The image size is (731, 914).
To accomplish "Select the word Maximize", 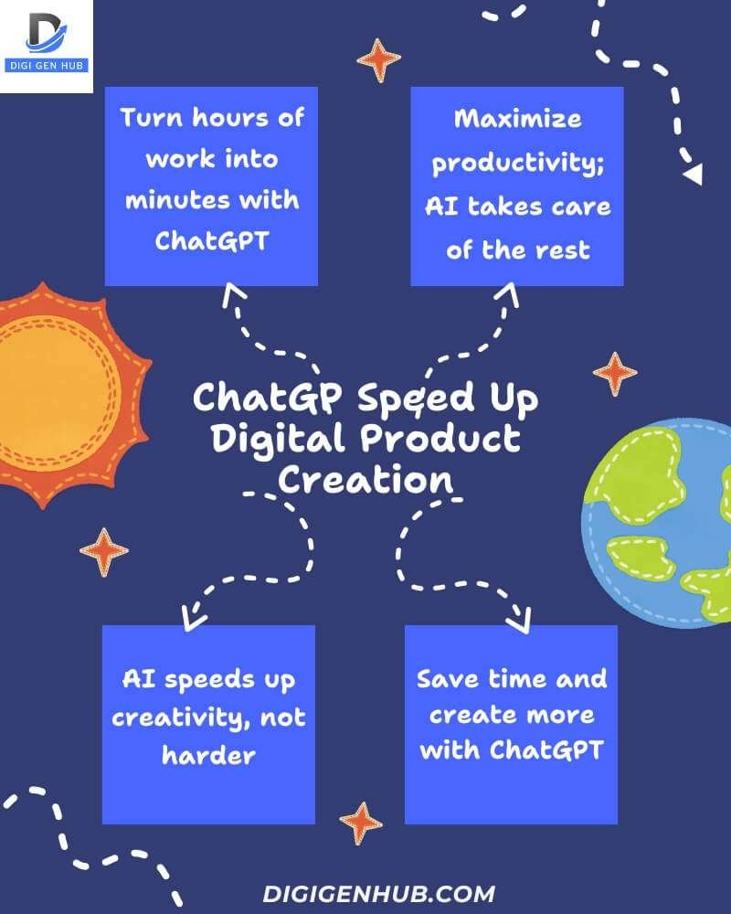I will click(517, 119).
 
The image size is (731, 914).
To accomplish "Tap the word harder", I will click(208, 754).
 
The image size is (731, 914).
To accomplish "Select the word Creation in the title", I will click(365, 479).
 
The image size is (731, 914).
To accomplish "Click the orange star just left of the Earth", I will click(614, 374).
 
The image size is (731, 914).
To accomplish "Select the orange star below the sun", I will click(103, 552).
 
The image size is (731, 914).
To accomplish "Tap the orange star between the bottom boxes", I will click(361, 823).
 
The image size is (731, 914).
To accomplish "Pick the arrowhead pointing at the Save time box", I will click(517, 621).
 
